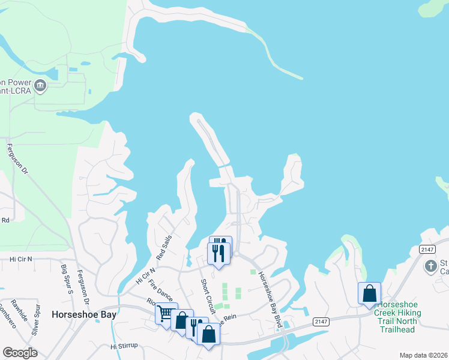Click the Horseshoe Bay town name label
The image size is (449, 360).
pos(83,314)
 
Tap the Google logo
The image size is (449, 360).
pos(19,353)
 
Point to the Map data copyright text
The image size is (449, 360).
pos(423,355)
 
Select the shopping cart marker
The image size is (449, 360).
pos(166,314)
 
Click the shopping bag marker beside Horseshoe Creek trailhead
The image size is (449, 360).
pos(369,294)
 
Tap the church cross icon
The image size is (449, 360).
pos(430,265)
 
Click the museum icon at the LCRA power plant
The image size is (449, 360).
pos(40,85)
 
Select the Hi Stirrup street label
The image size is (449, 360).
pos(124,346)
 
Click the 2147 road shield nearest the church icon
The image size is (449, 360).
pos(427,249)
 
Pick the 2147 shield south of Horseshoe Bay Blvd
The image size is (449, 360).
pos(320,322)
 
